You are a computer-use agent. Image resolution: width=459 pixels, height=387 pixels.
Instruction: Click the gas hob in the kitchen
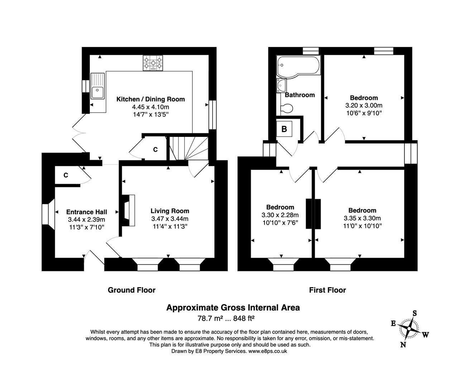(153, 63)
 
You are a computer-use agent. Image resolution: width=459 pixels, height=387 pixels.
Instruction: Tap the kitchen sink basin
(97, 93)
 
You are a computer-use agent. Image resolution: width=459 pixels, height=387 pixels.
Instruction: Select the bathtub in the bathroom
(298, 66)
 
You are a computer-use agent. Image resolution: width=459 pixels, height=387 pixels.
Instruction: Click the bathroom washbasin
(282, 86)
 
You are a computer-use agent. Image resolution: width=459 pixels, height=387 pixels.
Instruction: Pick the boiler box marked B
(284, 129)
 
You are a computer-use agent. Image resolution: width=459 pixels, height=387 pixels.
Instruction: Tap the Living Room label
(170, 211)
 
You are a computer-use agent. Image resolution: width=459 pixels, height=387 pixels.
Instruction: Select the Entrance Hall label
(87, 212)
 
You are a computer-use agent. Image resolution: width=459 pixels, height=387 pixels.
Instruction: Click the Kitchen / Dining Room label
(150, 99)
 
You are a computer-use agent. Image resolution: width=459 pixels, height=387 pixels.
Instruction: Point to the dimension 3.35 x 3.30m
(362, 218)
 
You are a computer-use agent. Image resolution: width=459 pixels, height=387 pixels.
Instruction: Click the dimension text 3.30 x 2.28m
(280, 215)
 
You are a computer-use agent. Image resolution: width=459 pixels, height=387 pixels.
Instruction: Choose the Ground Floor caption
(132, 290)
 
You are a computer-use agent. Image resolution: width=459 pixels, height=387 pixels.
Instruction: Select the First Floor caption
(327, 290)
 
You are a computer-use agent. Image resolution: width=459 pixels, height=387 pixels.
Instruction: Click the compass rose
(409, 329)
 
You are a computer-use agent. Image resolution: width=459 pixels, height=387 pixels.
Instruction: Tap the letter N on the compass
(403, 345)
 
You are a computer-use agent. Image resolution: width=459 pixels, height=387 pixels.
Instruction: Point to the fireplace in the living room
(127, 210)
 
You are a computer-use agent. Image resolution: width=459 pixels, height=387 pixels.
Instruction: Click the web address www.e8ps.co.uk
(268, 351)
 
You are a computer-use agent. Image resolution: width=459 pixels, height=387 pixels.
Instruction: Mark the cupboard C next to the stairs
(156, 149)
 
